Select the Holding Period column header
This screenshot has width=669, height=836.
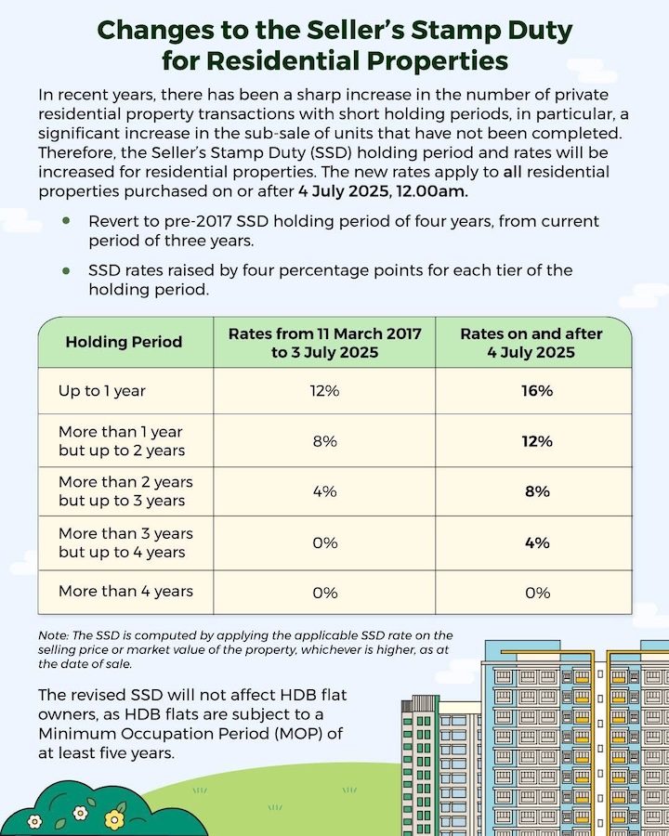click(x=124, y=342)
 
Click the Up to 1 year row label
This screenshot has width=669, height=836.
click(x=102, y=391)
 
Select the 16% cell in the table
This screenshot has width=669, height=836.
click(x=537, y=391)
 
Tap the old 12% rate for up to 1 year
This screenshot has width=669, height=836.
click(x=324, y=391)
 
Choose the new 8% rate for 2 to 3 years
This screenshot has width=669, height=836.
click(x=537, y=491)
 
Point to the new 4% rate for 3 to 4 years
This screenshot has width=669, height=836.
click(x=537, y=542)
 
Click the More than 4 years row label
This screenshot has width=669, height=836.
click(x=125, y=592)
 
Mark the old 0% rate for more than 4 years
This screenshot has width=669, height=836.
click(x=324, y=593)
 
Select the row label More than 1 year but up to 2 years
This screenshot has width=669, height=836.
click(x=121, y=441)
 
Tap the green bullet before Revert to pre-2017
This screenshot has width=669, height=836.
click(x=66, y=222)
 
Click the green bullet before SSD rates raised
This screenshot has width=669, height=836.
click(x=66, y=271)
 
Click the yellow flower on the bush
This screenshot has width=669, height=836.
click(x=114, y=818)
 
